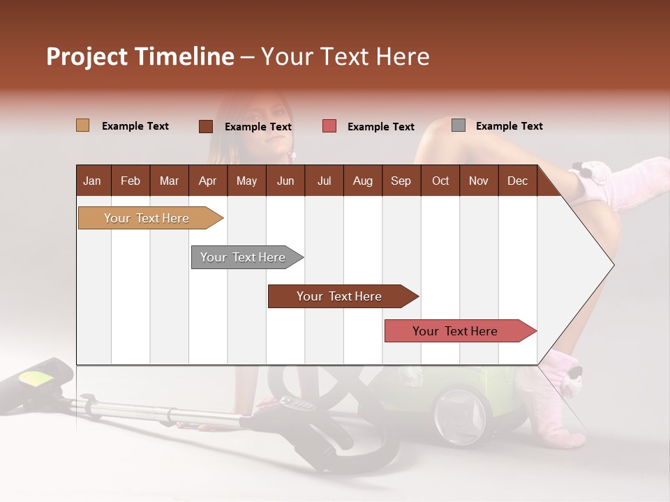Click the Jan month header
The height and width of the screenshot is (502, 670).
(92, 181)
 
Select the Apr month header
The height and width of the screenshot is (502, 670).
(207, 181)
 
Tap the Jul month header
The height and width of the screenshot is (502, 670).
(324, 181)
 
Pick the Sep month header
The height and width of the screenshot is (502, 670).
(401, 181)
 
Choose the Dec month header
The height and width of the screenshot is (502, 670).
(517, 181)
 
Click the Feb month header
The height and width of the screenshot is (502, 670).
(131, 181)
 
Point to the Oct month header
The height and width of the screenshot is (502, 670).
(440, 181)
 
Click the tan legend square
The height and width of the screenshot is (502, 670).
(82, 125)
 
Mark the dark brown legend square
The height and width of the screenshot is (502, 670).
(206, 126)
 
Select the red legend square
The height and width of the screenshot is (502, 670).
(329, 126)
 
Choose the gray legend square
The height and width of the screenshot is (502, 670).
(459, 125)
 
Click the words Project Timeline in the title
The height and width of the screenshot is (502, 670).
(140, 56)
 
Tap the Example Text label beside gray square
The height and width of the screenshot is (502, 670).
(509, 126)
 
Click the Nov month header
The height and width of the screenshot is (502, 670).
(479, 181)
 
